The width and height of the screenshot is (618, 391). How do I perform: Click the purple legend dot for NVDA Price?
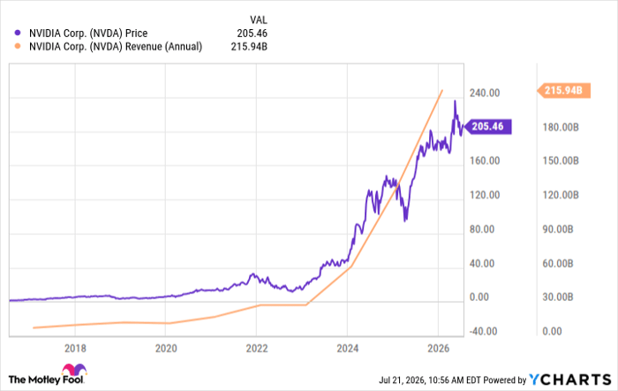[18, 34]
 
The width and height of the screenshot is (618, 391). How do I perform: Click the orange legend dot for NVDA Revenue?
[18, 47]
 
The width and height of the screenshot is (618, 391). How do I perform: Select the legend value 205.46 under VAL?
[252, 34]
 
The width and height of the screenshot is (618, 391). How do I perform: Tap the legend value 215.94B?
[249, 47]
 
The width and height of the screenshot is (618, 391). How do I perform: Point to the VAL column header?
[258, 19]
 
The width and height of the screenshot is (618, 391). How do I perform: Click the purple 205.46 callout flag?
[487, 126]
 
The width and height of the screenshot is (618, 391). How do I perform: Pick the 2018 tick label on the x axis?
[75, 349]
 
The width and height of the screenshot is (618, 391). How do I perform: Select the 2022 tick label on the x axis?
[257, 349]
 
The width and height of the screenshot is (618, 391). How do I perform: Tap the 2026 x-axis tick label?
[438, 349]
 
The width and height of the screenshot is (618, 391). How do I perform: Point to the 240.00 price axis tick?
[485, 93]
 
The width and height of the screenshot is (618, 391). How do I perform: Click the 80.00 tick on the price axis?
[482, 229]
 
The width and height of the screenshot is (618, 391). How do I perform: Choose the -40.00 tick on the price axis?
[483, 332]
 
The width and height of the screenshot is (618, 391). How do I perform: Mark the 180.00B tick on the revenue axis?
[561, 127]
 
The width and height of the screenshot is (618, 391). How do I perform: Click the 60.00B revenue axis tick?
[558, 263]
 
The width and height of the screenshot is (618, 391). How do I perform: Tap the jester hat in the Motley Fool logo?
[74, 369]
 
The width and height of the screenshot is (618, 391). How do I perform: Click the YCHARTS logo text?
[570, 380]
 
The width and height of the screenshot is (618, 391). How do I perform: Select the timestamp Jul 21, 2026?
[402, 380]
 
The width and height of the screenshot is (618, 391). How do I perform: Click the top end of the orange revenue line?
[442, 90]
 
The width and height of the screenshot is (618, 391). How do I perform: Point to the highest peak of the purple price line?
[455, 101]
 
